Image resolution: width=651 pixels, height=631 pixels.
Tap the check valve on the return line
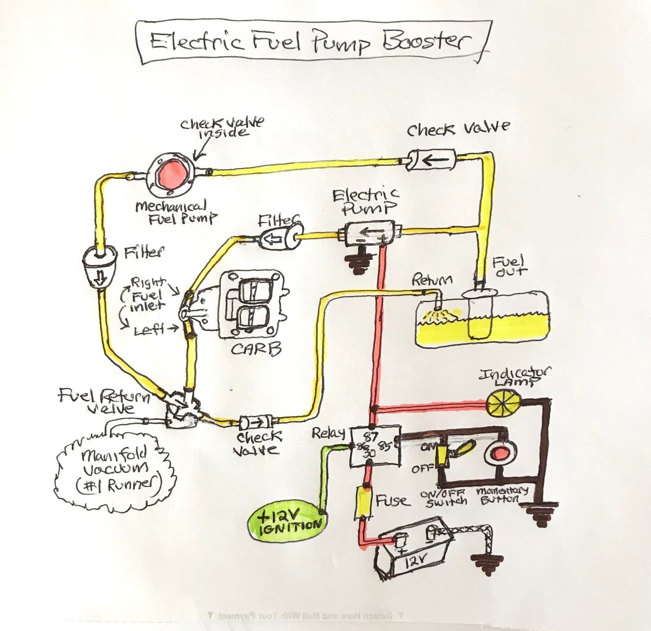click(257, 422)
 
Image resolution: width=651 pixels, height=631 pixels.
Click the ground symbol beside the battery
click(487, 565)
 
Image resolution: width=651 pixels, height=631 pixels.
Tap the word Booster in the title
click(425, 41)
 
